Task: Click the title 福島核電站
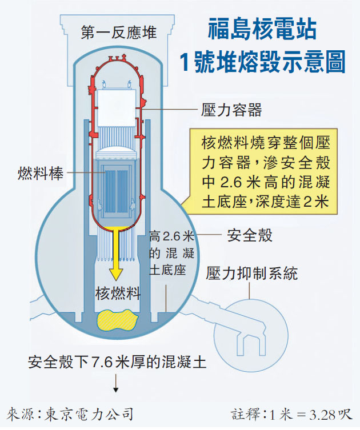click(x=262, y=29)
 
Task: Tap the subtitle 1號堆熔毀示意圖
click(x=262, y=62)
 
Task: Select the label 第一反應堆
click(x=118, y=33)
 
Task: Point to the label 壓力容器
click(x=231, y=110)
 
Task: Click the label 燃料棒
click(x=41, y=173)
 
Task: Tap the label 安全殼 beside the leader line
click(x=250, y=235)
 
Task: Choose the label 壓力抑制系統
click(x=251, y=273)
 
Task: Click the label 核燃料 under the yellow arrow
click(x=118, y=293)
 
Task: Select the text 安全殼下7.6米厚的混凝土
click(x=117, y=362)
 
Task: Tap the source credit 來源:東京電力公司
click(x=70, y=414)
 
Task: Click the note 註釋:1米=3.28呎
click(x=291, y=415)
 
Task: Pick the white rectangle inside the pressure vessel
click(x=117, y=108)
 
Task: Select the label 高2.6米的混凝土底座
click(x=172, y=253)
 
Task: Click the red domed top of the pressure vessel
click(x=117, y=62)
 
